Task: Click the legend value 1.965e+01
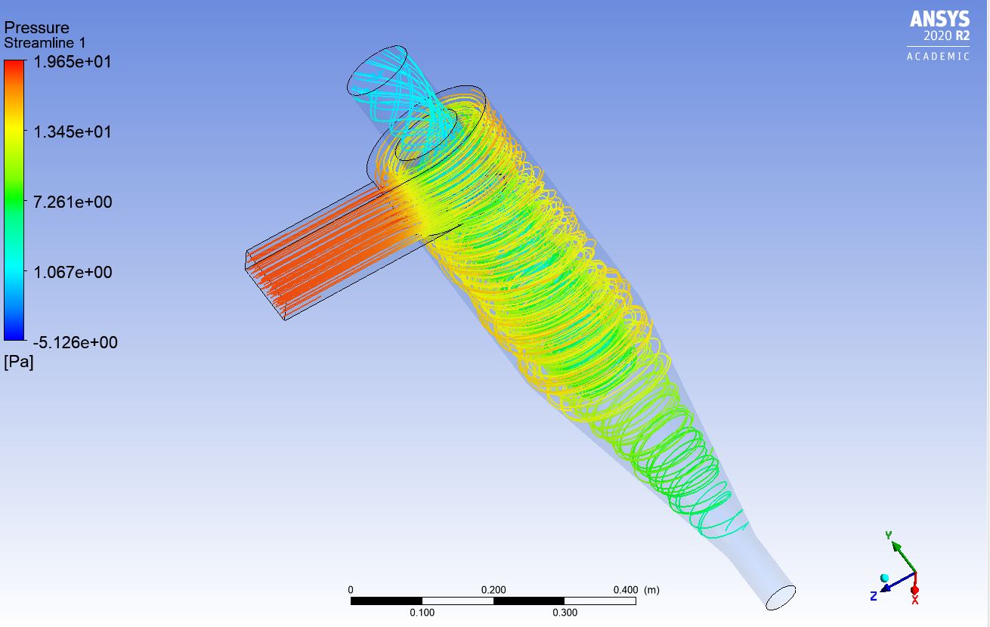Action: [72, 62]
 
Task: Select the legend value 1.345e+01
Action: [72, 131]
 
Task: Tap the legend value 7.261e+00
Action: [72, 202]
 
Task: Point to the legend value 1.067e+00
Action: [72, 272]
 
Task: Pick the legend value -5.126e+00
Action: [74, 342]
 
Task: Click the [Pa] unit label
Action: [19, 363]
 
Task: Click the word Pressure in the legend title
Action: [36, 28]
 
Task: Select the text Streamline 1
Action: [45, 43]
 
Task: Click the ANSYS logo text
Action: [939, 18]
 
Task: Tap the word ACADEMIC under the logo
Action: [938, 57]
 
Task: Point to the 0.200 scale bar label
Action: [493, 589]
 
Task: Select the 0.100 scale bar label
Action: [422, 613]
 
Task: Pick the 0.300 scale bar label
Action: [565, 613]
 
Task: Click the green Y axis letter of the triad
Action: [889, 536]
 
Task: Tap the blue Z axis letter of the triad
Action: [873, 596]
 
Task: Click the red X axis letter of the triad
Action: [914, 600]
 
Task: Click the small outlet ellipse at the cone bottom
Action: [781, 598]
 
